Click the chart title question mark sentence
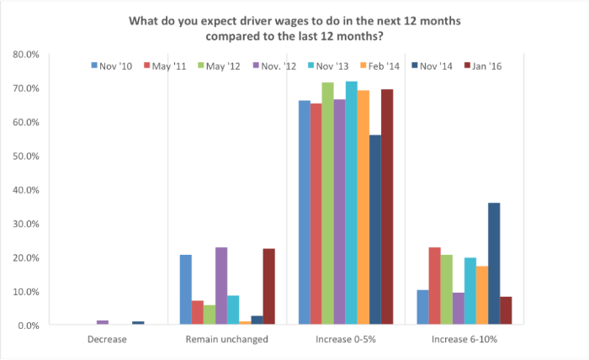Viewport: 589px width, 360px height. tap(294, 28)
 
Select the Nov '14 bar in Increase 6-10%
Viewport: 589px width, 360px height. tap(494, 263)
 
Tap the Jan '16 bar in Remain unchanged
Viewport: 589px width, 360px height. tap(268, 286)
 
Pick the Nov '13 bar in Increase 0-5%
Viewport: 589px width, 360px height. tap(351, 203)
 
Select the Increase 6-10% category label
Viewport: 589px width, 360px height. tap(459, 340)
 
